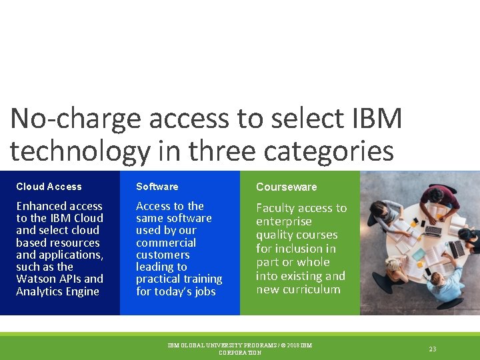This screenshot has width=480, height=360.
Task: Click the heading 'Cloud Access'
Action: (49, 187)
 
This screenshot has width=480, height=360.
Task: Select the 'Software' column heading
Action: (157, 187)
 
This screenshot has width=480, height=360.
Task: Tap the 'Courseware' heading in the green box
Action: (287, 187)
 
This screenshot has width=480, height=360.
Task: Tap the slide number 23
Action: (433, 349)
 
